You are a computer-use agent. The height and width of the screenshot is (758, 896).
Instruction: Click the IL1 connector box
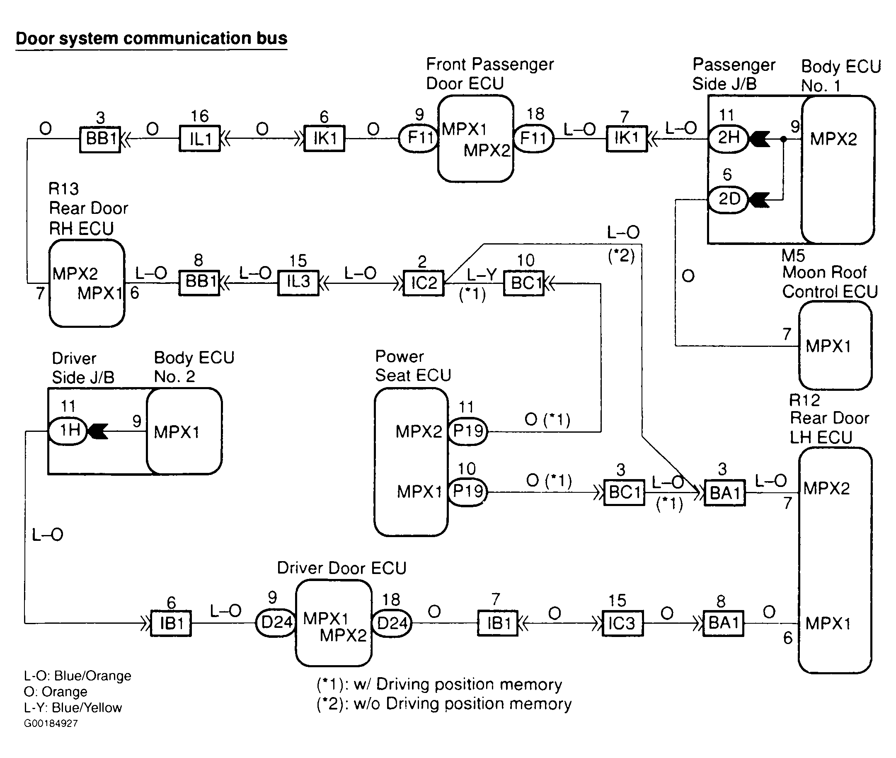[x=200, y=138]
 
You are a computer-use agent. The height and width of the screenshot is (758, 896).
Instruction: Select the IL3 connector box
[x=298, y=282]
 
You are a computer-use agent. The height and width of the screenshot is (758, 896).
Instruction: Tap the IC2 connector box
[x=424, y=283]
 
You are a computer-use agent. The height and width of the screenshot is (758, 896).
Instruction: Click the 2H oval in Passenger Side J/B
[x=729, y=138]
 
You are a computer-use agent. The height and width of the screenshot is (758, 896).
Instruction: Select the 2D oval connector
[x=729, y=199]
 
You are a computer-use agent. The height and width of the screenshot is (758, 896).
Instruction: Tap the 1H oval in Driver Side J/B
[x=68, y=431]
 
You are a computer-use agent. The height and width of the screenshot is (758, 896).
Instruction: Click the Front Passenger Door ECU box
[x=475, y=138]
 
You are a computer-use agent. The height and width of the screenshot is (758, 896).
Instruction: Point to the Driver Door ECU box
[x=334, y=622]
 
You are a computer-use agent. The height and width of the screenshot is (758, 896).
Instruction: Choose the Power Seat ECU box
[x=411, y=462]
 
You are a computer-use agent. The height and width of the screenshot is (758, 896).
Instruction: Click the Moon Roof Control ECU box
[x=835, y=346]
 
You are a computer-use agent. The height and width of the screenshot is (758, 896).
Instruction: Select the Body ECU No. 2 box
[x=184, y=431]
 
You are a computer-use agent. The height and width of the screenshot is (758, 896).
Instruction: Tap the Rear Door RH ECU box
[x=87, y=283]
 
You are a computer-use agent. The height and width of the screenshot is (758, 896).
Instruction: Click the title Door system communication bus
[x=151, y=39]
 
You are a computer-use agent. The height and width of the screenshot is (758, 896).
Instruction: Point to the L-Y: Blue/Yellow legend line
[x=73, y=708]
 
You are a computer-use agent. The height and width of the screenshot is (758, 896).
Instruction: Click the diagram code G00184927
[x=51, y=724]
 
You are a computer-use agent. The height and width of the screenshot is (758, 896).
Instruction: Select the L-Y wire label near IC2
[x=481, y=274]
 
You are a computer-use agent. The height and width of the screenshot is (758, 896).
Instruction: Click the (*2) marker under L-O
[x=621, y=256]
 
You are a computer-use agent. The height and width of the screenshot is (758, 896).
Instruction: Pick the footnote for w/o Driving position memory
[x=444, y=704]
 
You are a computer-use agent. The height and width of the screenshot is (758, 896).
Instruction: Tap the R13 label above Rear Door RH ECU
[x=63, y=189]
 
